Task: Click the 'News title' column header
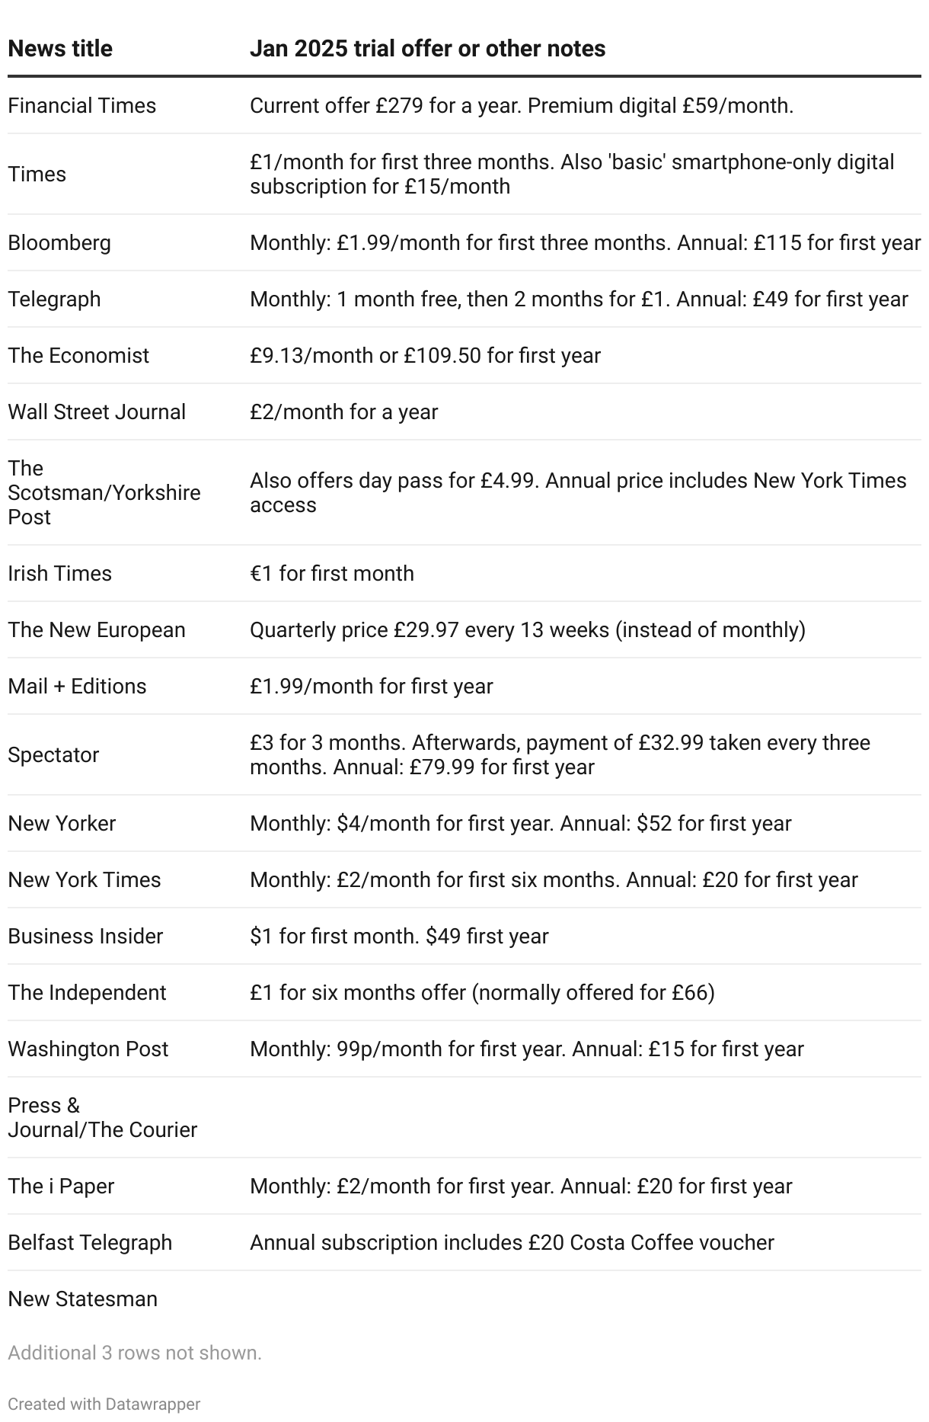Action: pos(60,49)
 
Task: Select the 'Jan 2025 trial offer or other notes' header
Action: pos(427,49)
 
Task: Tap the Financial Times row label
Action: pos(81,105)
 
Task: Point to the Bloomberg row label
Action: pos(59,242)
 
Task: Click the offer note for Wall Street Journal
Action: pos(343,412)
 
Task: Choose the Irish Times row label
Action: pos(59,573)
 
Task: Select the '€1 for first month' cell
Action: pos(332,573)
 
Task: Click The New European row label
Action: pos(97,629)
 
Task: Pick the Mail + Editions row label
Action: pos(77,686)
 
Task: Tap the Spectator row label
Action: pos(53,754)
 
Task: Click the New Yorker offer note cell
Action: pos(520,823)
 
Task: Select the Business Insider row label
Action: pos(85,936)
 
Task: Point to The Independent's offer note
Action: pos(482,992)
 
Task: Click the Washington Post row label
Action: pos(88,1049)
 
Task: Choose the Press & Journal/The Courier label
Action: pos(102,1117)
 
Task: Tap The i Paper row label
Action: pos(61,1186)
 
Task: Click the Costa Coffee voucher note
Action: pos(512,1242)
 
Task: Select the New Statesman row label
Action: pos(82,1299)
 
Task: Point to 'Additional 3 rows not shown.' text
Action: pos(135,1353)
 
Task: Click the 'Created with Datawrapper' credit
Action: pos(104,1404)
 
